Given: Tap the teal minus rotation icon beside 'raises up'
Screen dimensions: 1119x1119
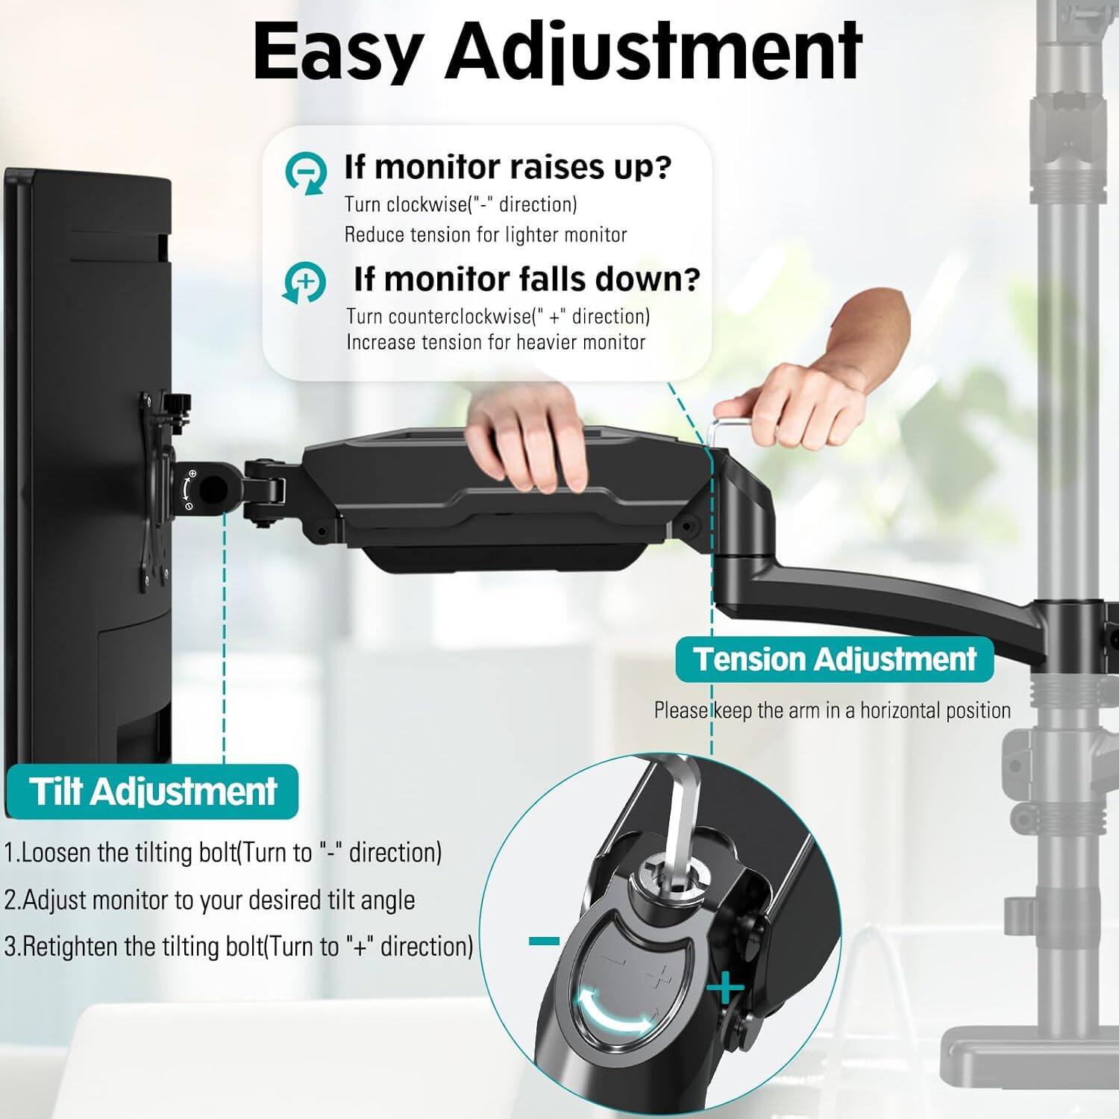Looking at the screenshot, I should (306, 174).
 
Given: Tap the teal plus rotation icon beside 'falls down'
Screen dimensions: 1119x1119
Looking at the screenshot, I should (304, 283).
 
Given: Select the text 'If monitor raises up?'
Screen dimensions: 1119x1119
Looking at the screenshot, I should (507, 167).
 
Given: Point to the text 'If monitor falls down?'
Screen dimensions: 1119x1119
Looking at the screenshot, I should (527, 279).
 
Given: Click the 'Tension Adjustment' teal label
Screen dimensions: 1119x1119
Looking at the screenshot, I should (834, 659).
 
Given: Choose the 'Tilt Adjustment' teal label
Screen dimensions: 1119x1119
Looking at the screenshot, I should (153, 791).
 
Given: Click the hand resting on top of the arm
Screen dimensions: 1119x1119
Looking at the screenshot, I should (526, 440).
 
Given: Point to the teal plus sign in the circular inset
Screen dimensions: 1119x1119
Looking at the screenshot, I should (725, 990).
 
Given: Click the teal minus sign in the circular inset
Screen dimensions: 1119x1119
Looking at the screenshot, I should (544, 941).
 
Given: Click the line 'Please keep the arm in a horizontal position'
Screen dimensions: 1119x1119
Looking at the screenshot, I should (832, 710).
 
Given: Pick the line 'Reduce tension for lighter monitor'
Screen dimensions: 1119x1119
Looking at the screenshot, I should (485, 235).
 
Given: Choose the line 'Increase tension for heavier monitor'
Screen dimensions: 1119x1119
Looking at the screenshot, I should (495, 342).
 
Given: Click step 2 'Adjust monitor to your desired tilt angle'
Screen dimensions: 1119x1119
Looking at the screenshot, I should (210, 900).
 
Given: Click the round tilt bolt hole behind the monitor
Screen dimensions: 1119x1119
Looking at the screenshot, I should (213, 489).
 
